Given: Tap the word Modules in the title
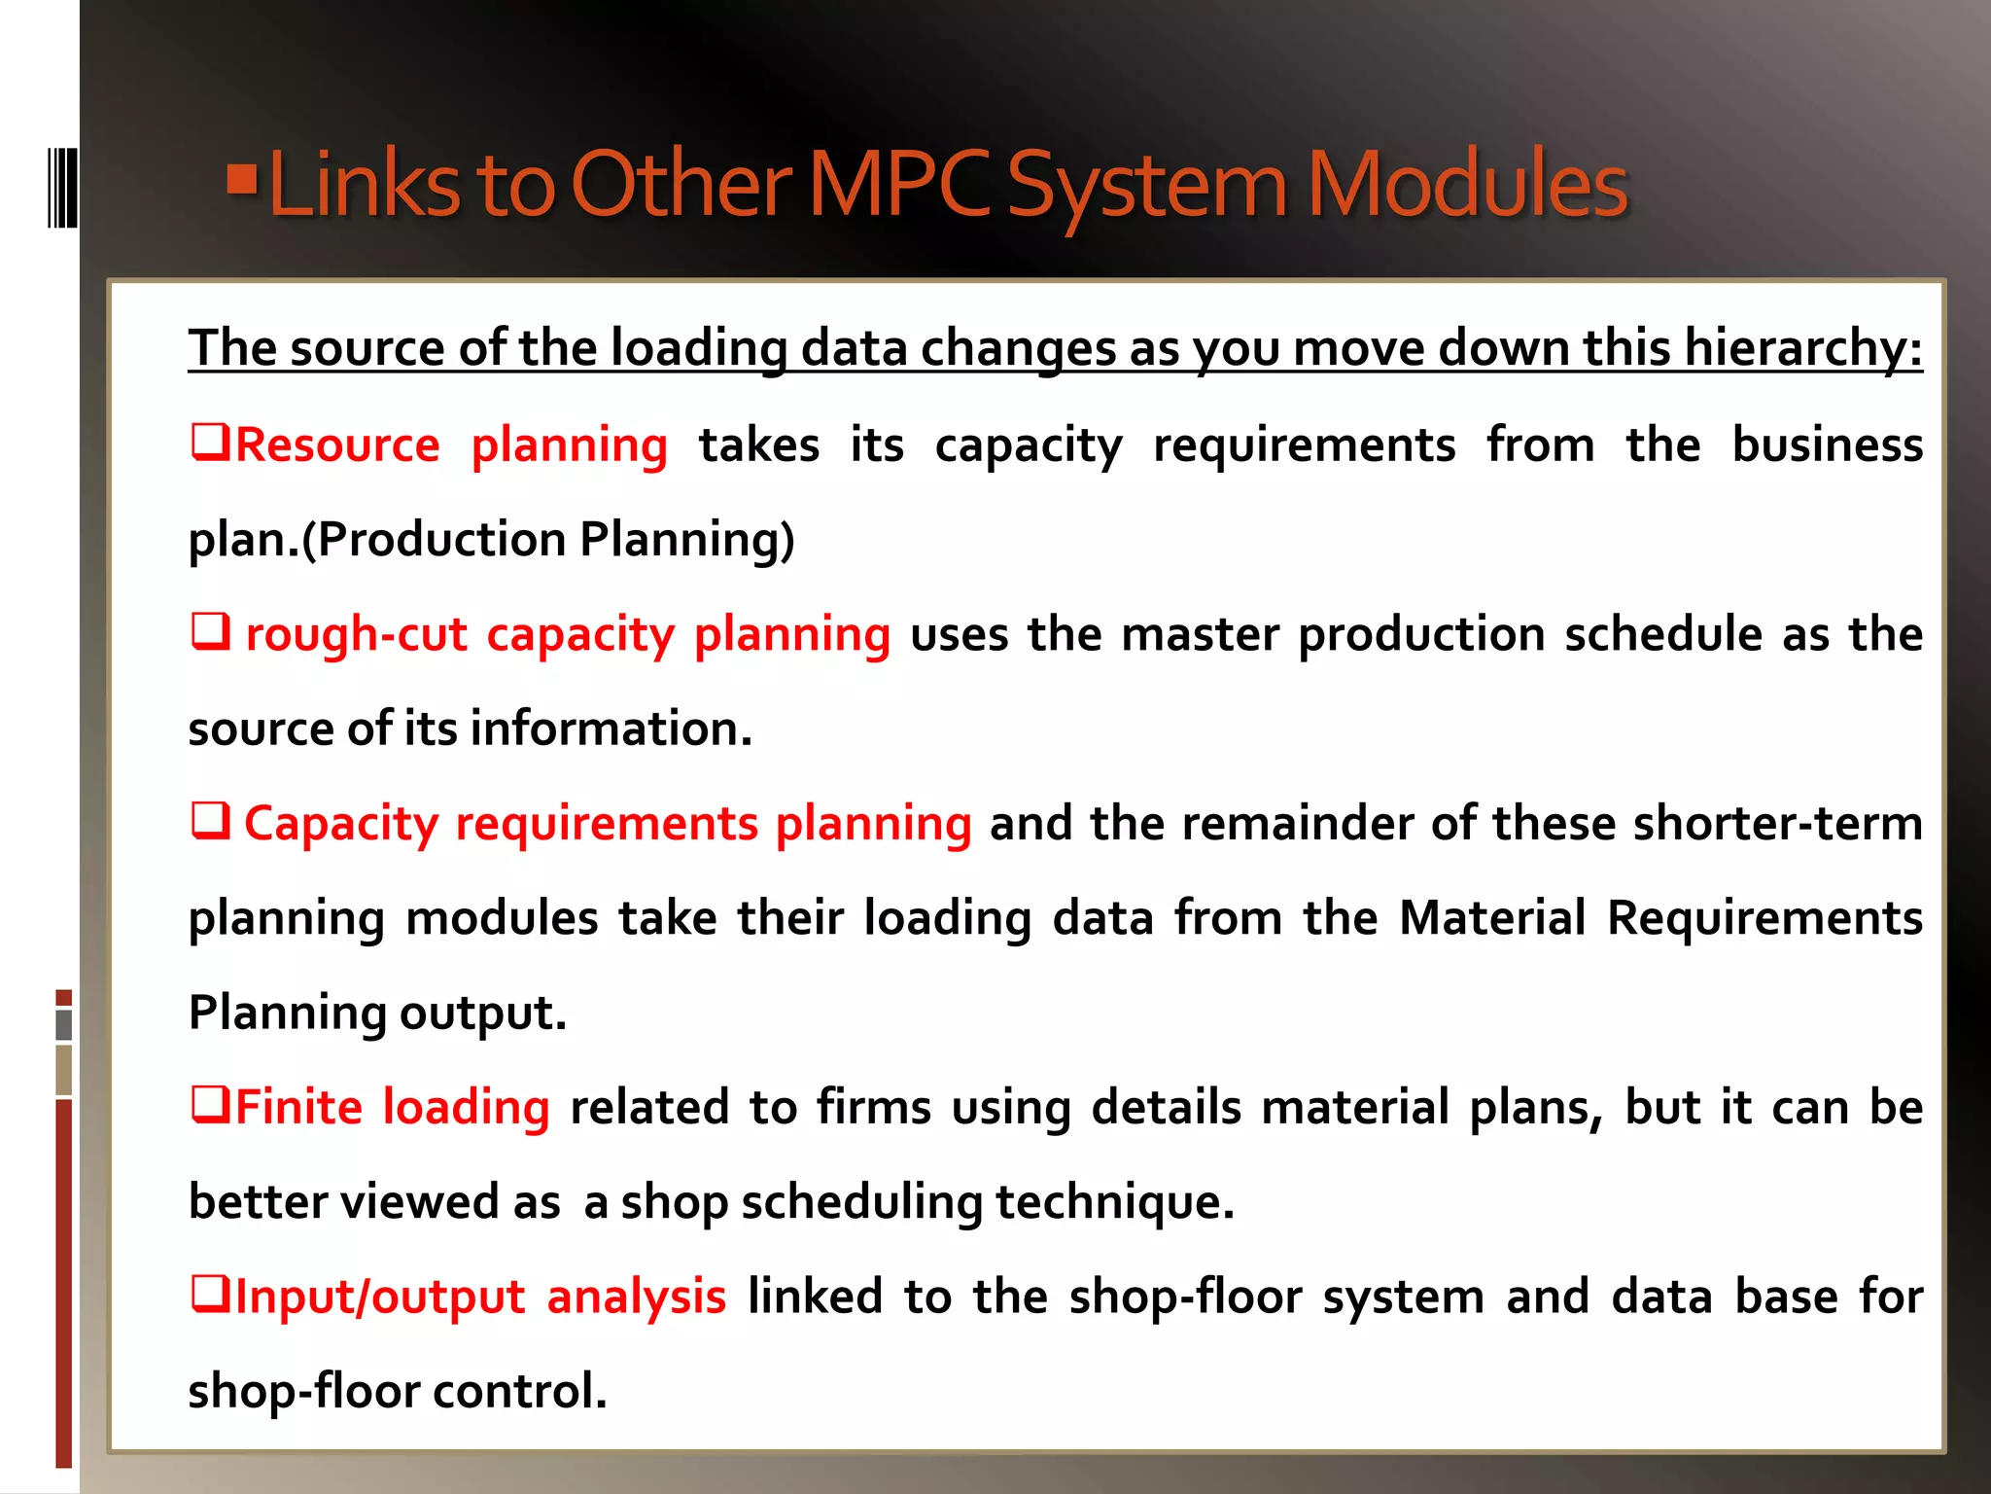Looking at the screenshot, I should [x=1467, y=184].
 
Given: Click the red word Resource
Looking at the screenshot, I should [x=337, y=445].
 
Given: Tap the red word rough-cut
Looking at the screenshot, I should [x=356, y=634].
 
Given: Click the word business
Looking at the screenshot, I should [x=1827, y=445].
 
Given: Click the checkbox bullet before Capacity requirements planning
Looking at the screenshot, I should [x=210, y=821].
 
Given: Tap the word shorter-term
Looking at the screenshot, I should [x=1777, y=823].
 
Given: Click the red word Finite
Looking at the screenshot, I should [x=299, y=1107].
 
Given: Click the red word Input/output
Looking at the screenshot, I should [x=380, y=1297].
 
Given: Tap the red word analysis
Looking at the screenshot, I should [x=636, y=1297].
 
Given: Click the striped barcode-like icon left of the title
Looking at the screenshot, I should [x=62, y=187].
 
